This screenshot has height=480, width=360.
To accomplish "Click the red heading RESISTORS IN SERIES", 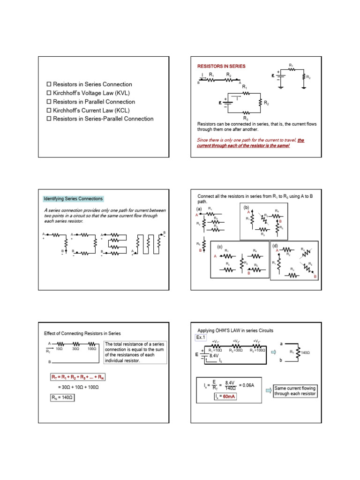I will tap(220, 67).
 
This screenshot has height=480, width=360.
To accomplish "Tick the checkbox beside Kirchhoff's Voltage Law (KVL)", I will tap(49, 93).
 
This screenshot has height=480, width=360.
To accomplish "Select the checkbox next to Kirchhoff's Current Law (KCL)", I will tap(49, 111).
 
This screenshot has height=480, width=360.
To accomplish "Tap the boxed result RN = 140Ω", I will tap(62, 398).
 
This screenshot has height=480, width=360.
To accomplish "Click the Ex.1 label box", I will tap(201, 337).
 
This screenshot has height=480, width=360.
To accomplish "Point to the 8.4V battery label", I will tap(214, 356).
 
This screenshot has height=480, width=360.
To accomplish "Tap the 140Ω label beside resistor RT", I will tap(306, 352).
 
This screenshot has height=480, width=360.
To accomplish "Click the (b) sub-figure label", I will tap(246, 207).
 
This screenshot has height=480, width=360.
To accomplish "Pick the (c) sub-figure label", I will tap(219, 247).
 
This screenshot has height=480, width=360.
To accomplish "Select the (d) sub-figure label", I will tap(275, 246).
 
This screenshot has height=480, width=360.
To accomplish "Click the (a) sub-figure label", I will tap(199, 209).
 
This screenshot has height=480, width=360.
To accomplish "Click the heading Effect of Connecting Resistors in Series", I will tap(82, 333).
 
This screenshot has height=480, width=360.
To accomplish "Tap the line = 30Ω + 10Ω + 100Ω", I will tap(78, 388).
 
